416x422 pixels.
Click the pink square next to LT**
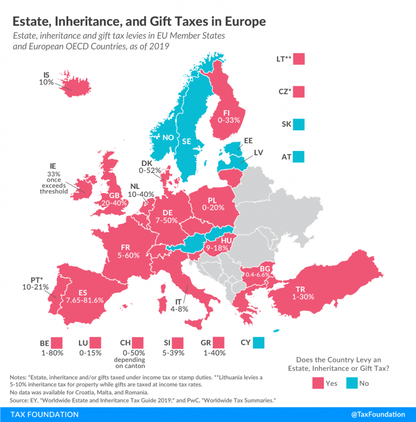pos(299,59)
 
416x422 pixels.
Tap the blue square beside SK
pos(299,125)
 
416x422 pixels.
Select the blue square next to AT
pos(299,157)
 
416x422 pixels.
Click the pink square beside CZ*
pos(299,92)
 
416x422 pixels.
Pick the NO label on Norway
pos(168,137)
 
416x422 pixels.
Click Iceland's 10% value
pos(46,82)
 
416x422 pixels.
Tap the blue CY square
pos(259,342)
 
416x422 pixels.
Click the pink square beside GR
pos(218,342)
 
